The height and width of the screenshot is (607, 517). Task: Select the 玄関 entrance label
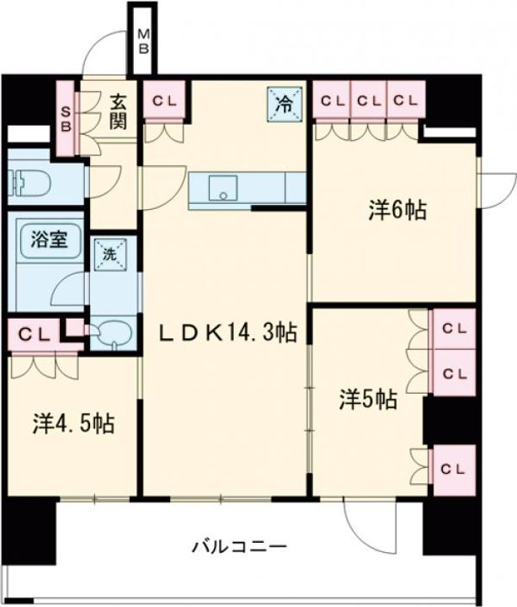pos(116,112)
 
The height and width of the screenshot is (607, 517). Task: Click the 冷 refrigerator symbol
pos(285,104)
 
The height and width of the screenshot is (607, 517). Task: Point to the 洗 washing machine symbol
pos(110,252)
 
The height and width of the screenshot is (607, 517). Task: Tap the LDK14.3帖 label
pos(227,333)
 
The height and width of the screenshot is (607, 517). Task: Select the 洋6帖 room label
pos(396,210)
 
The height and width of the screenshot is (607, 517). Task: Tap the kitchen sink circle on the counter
pos(223,195)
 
